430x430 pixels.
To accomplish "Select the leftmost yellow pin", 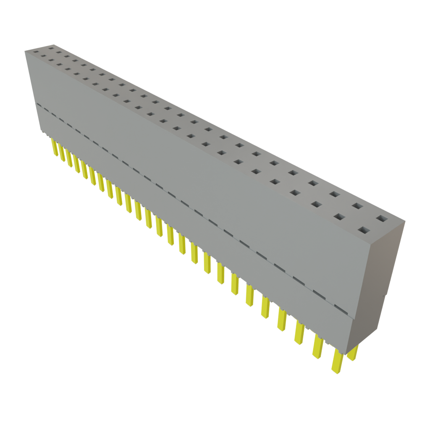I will tap(54, 147).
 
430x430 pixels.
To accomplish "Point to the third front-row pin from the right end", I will tap(299, 333).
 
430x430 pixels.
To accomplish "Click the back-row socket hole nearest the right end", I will tap(381, 218).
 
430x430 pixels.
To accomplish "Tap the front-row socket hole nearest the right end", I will tap(364, 230).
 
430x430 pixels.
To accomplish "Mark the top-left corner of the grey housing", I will tap(25, 50).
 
